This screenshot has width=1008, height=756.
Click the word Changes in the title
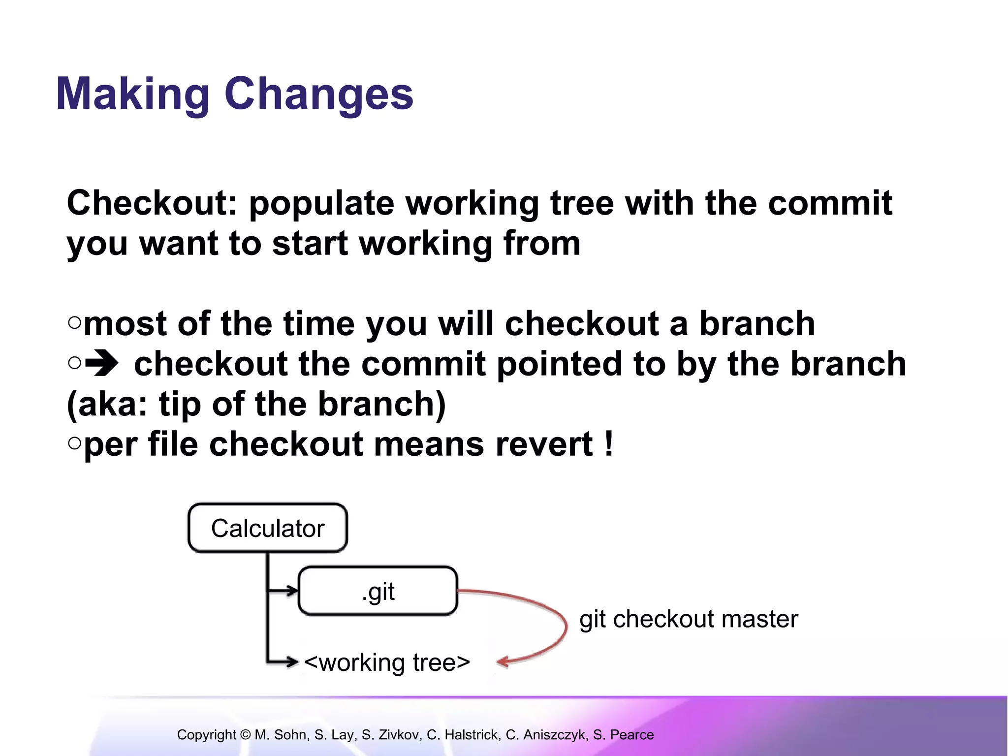[319, 94]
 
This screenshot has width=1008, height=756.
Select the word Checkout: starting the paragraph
[152, 203]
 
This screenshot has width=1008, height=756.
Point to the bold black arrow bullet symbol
[102, 364]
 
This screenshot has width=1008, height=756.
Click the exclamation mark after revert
[609, 444]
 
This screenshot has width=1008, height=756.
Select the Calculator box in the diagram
[268, 528]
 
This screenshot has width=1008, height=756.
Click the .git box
[378, 591]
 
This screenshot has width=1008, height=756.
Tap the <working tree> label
[387, 662]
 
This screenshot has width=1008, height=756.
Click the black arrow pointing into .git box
[290, 591]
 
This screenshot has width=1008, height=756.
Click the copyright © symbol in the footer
[245, 735]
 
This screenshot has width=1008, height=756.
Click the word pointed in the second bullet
[559, 364]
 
